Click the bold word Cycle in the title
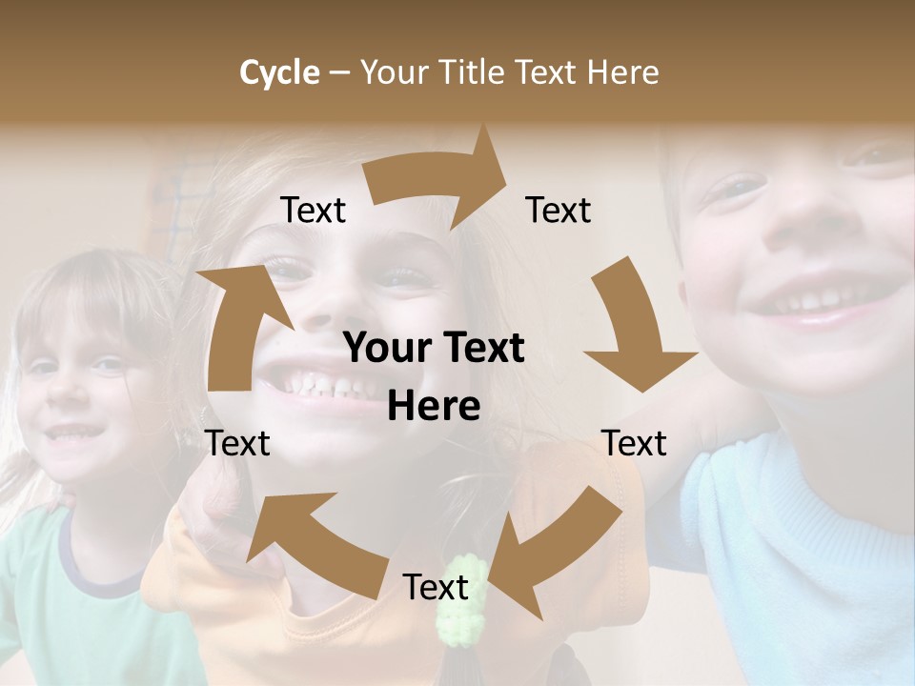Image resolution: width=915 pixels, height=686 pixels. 279,72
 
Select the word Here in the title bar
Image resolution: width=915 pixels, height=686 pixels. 622,72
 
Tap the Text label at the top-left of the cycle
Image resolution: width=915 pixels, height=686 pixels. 313,211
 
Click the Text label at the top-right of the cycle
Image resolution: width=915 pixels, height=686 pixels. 559,211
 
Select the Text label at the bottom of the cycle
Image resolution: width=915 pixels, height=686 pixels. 436,588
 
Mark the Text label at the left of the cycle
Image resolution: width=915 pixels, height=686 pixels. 237,443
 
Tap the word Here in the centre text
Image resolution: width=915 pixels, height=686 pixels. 434,407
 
